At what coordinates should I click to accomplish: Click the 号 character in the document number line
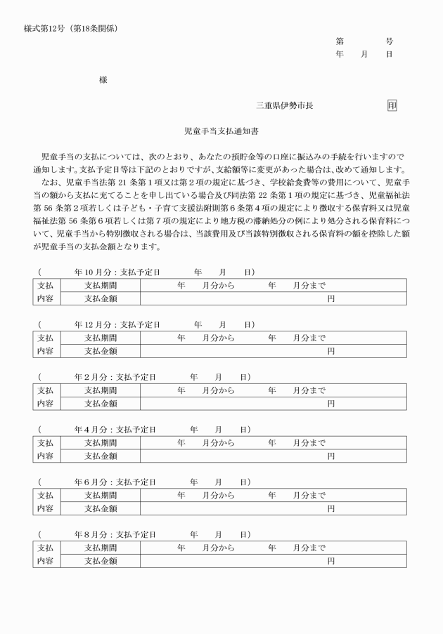(390, 41)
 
